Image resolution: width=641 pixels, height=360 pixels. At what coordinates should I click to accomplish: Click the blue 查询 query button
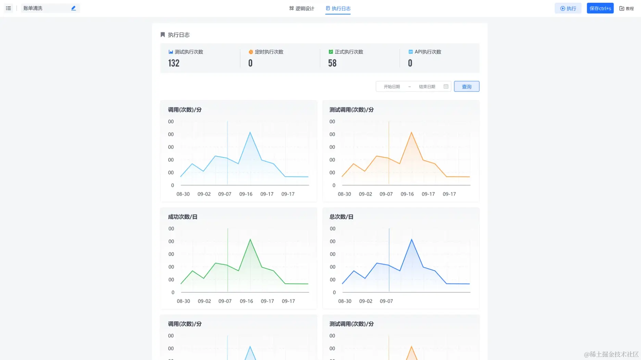(466, 87)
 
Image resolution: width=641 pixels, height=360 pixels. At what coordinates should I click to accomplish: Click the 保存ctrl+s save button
(600, 8)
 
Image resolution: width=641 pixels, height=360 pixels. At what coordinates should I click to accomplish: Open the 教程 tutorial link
(627, 9)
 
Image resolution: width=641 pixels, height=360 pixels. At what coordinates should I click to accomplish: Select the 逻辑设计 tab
(302, 9)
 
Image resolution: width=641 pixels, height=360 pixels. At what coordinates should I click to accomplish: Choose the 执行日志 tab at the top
(338, 9)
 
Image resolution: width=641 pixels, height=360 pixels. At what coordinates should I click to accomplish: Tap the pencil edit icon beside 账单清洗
(73, 8)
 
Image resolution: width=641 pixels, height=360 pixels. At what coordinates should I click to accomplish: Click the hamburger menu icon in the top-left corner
(9, 8)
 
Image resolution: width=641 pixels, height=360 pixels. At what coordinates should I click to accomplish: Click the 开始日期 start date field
(392, 87)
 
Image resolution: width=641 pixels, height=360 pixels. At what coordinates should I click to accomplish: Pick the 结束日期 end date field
(427, 87)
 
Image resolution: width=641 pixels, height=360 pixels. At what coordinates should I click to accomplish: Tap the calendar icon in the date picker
(446, 87)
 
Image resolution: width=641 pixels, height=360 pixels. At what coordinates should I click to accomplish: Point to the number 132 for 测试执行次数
(174, 63)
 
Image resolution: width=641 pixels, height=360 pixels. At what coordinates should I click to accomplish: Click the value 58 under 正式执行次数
(332, 63)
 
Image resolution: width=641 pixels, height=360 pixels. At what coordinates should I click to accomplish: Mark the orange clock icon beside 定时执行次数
(251, 52)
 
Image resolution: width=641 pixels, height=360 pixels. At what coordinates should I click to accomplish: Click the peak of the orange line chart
(411, 132)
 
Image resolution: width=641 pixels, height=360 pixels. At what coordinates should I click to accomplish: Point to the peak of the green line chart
(250, 239)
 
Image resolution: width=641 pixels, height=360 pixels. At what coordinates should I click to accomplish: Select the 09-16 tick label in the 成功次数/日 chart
(246, 301)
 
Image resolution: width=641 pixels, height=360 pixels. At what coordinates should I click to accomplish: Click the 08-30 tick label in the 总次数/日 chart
(344, 301)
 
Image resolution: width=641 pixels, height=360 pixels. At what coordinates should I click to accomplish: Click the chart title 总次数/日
(341, 217)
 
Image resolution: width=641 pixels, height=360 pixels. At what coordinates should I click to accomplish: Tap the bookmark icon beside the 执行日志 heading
(163, 35)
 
